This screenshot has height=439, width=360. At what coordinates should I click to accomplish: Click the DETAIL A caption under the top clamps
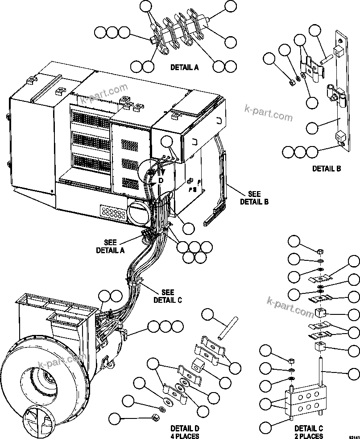tap(184, 67)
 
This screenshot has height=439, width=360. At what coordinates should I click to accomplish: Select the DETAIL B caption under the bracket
tap(326, 168)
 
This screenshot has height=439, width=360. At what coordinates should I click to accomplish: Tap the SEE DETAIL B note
tap(254, 197)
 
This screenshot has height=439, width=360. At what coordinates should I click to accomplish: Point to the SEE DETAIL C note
tap(167, 295)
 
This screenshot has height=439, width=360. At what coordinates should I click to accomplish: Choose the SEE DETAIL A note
tap(110, 246)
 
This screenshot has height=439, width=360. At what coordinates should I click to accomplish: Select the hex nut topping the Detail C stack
tap(320, 251)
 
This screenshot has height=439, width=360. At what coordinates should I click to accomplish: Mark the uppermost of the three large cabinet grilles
tap(91, 118)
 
